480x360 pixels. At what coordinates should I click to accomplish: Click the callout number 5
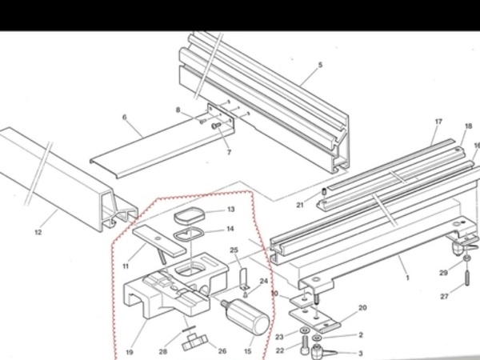[320, 65]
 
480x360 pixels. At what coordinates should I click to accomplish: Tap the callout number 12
[38, 232]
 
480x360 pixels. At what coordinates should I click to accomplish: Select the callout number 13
[231, 210]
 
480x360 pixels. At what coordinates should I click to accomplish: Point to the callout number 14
[230, 229]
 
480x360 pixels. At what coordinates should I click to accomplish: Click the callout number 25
[234, 250]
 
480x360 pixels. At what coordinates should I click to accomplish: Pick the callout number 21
[300, 205]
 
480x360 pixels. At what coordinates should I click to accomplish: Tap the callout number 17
[438, 122]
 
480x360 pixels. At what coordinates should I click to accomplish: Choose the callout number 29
[443, 273]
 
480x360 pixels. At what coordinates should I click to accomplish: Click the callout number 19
[130, 352]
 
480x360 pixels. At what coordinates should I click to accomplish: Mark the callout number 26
[222, 351]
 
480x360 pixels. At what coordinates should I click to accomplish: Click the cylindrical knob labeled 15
[246, 317]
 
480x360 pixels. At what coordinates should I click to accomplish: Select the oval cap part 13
[189, 215]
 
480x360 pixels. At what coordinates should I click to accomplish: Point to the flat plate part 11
[159, 241]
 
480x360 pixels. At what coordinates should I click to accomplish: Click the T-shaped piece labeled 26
[195, 342]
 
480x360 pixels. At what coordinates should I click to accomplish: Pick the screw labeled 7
[217, 126]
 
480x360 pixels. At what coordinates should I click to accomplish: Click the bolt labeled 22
[306, 343]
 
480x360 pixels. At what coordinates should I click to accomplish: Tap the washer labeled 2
[317, 338]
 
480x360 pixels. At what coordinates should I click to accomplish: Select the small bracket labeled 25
[244, 279]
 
